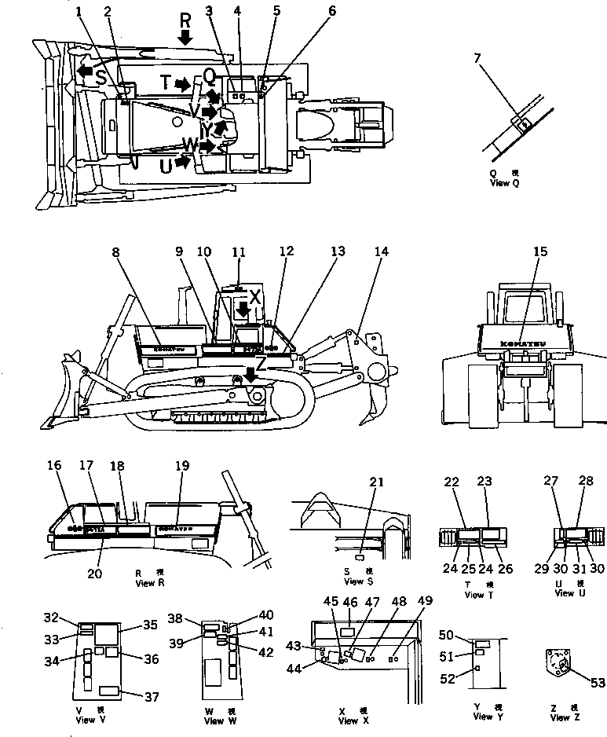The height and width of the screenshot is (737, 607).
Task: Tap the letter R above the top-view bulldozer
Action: [x=185, y=20]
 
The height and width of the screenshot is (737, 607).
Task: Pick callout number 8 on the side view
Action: [x=116, y=253]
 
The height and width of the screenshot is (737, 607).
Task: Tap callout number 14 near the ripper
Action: [x=381, y=252]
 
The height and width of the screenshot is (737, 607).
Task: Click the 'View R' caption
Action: [x=148, y=582]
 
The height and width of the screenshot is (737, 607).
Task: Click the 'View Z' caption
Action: [x=564, y=717]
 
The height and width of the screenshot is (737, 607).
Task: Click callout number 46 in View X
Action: [x=350, y=603]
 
